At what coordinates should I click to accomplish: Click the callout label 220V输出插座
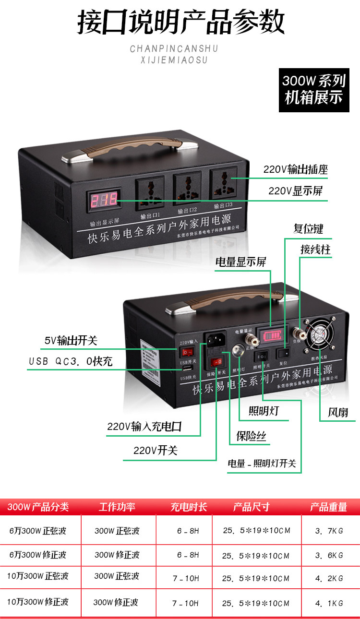click(296, 169)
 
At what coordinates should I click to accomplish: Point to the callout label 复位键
click(308, 228)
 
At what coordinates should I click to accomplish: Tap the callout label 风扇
click(338, 412)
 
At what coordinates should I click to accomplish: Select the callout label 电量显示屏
click(240, 262)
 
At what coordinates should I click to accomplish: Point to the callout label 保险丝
click(251, 436)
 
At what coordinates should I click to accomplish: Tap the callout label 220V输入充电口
click(144, 427)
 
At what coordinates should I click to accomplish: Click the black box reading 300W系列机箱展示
click(314, 90)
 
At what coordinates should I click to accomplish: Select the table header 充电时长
click(189, 507)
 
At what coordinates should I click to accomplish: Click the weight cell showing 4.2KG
click(329, 578)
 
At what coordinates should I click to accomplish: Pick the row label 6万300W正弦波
click(38, 531)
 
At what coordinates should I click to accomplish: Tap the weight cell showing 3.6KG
click(329, 555)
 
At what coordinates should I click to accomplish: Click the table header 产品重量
click(328, 507)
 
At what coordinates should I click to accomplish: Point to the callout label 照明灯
click(264, 411)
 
